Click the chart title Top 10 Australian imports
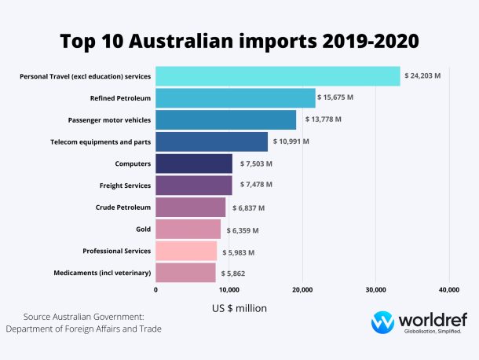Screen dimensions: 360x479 click(x=239, y=40)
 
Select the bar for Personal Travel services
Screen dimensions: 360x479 click(x=278, y=76)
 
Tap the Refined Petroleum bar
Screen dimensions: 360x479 click(x=236, y=97)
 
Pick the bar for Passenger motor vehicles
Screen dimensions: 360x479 click(x=226, y=119)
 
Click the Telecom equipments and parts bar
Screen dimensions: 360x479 click(x=212, y=141)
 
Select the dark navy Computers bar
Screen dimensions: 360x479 click(x=194, y=163)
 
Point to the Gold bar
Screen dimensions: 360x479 click(x=188, y=230)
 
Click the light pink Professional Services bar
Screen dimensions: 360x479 click(x=186, y=252)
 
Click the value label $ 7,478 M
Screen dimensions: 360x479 click(x=255, y=185)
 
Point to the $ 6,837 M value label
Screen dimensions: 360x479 click(x=248, y=208)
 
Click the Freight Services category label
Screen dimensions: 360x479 click(x=125, y=186)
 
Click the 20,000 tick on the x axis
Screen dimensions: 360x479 click(x=302, y=290)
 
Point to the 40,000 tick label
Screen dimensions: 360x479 click(x=448, y=290)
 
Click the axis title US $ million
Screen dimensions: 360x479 click(x=239, y=308)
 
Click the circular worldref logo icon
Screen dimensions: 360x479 click(x=382, y=323)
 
